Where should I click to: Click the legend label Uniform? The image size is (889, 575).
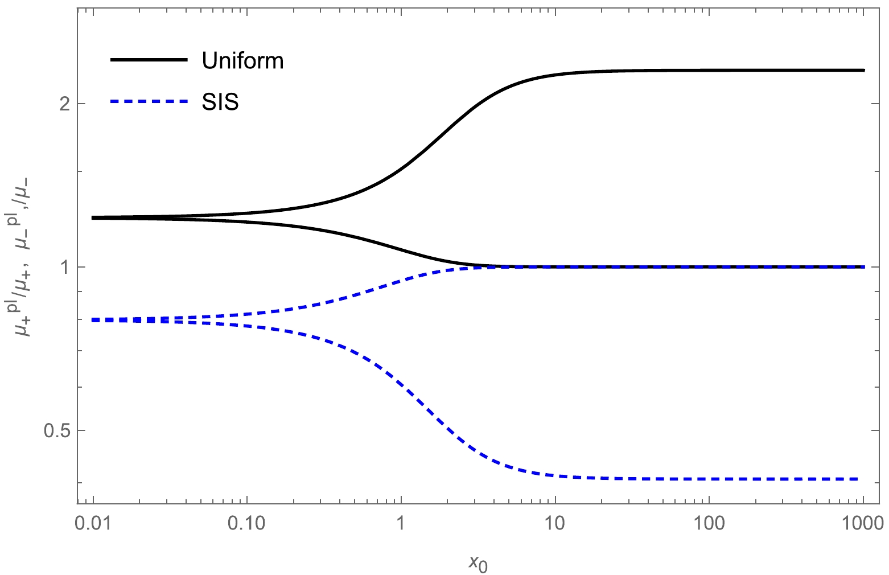pos(242,61)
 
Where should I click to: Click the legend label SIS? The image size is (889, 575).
pos(220,102)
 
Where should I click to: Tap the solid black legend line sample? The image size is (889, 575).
pos(149,60)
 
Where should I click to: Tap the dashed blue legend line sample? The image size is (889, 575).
pos(149,102)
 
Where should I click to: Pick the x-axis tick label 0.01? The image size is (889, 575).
pos(93,522)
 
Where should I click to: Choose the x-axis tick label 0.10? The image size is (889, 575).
pos(247,522)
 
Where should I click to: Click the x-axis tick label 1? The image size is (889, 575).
pos(401,522)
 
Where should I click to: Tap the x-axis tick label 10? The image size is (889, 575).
pos(555,522)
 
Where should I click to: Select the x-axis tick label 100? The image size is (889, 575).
pos(709,522)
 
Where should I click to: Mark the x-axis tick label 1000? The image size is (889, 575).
pos(863,522)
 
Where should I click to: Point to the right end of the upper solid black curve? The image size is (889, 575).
pos(863,70)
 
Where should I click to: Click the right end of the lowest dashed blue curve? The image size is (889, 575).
pos(857,479)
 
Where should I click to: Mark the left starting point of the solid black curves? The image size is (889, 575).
pos(93,217)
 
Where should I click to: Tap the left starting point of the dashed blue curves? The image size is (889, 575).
pos(93,320)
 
